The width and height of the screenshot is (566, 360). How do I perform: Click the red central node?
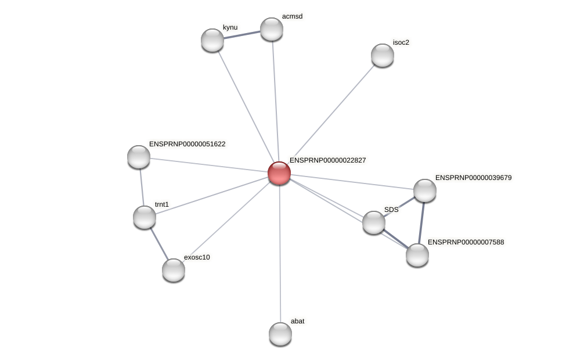point(279,173)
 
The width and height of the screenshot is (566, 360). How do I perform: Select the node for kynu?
point(212,40)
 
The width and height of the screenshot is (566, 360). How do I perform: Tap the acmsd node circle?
point(272,29)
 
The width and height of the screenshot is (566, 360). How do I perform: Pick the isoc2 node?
point(383,55)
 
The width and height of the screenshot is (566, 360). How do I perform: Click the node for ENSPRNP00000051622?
point(139,157)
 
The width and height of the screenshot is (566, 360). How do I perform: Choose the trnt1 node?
point(145,217)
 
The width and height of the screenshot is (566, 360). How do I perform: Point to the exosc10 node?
point(174,270)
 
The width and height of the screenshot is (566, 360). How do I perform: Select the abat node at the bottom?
point(280,334)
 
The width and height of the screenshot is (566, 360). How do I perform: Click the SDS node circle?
point(374,222)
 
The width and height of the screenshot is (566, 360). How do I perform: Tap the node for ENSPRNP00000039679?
point(425,190)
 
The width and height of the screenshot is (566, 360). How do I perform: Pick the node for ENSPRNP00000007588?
point(417,255)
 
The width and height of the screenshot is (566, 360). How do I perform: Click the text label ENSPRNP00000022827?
point(327,160)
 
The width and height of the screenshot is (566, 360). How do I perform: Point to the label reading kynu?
point(230,27)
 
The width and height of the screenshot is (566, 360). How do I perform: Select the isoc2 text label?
point(401,42)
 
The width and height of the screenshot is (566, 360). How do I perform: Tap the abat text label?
point(297,321)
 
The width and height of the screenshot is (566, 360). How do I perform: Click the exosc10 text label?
point(197,257)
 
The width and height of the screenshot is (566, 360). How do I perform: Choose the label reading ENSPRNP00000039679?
point(473,178)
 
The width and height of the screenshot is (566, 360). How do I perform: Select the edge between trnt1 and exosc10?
point(159,244)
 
